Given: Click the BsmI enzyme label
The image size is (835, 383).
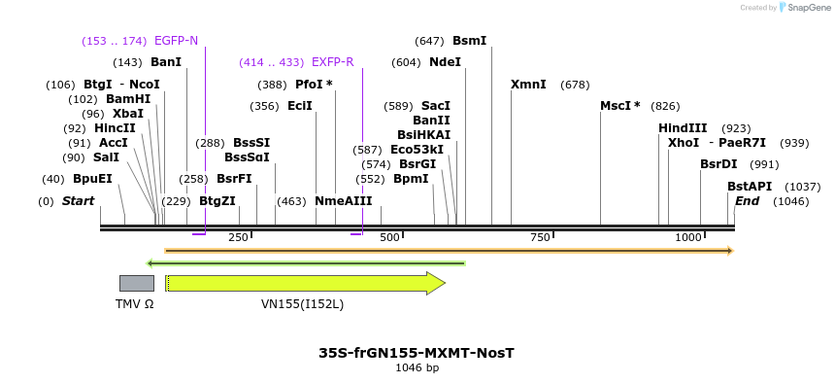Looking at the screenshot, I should pos(469,41).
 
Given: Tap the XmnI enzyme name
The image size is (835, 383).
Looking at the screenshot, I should pos(528,85).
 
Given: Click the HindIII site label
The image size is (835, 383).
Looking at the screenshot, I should pos(683,128).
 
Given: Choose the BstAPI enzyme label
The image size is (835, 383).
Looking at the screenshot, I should pos(750,187).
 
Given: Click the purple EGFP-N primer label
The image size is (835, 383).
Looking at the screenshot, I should pos(176,41).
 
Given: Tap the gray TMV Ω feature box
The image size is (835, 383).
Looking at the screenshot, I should pos(136,283).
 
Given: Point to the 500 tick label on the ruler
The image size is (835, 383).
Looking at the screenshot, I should pos(390,238).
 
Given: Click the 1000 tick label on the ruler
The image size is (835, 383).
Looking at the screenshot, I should pos(687,238).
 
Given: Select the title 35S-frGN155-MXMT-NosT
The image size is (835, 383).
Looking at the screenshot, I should pos(417,353).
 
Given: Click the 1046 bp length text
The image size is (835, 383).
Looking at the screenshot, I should pos(417,368).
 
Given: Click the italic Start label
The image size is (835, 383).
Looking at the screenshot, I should pos(78,201).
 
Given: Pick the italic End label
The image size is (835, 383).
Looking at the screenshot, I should pos(747,201).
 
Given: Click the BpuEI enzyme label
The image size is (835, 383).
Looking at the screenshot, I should pos(92,179).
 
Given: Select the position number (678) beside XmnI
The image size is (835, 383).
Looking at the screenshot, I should pos(575,85).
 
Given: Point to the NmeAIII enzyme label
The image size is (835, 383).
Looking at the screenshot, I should pos(343,201).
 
